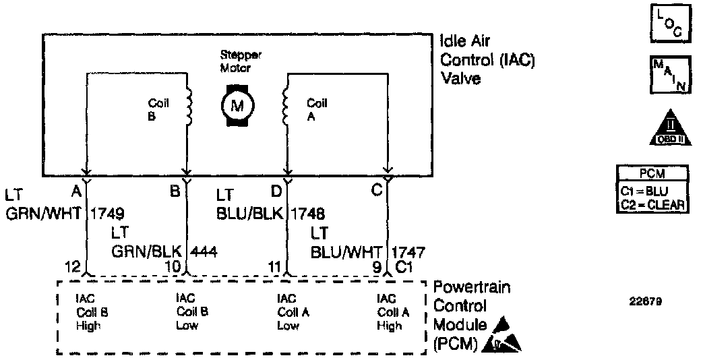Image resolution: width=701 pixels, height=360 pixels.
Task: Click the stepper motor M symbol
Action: pos(237,105)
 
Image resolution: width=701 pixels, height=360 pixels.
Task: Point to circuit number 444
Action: pos(204,251)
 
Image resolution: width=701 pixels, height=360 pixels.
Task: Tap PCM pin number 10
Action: pos(173,266)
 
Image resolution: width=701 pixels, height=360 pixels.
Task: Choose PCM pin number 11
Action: pos(274,266)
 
